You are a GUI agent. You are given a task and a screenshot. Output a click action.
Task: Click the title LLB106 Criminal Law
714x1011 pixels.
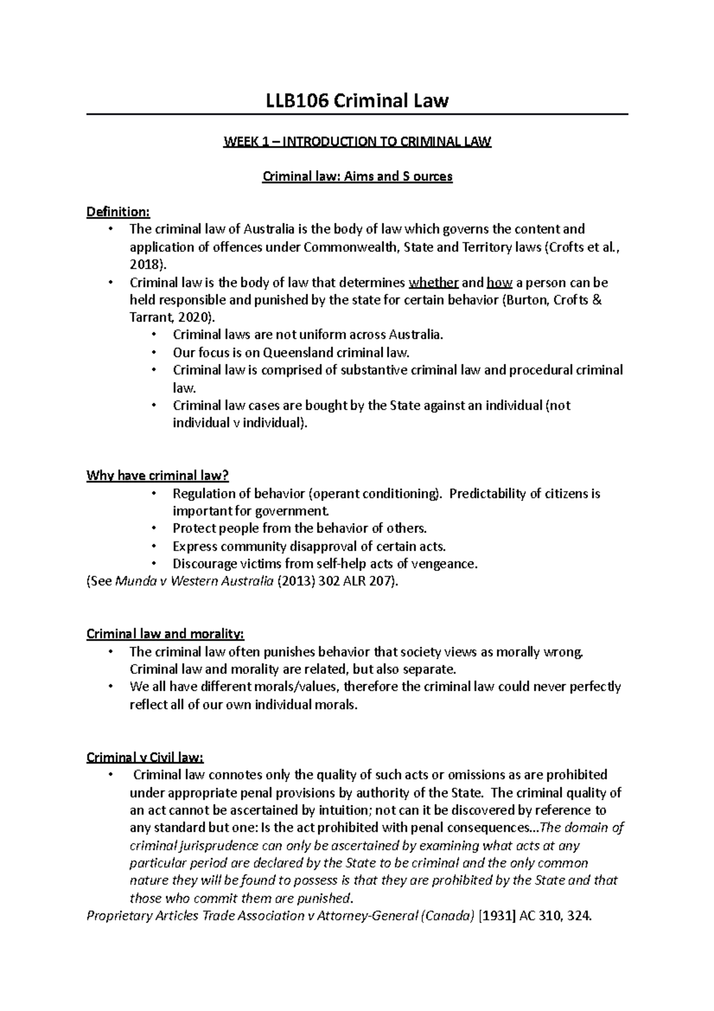pos(357,101)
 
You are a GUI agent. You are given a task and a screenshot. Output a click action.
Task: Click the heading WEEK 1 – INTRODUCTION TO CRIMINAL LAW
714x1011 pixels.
pos(357,142)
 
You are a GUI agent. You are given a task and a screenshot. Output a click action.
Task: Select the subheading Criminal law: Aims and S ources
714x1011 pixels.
pos(358,177)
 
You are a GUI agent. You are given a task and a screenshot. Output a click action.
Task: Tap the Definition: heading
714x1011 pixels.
pos(118,212)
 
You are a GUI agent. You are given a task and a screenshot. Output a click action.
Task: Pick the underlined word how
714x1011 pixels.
pos(499,282)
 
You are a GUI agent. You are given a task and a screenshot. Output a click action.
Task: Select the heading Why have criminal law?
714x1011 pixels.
pos(158,476)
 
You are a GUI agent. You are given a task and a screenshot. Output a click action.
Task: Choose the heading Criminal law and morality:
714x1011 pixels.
pos(165,634)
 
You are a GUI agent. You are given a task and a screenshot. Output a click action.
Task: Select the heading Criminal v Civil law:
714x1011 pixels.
pos(145,758)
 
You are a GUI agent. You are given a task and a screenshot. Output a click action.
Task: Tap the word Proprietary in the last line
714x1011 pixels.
pos(120,916)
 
